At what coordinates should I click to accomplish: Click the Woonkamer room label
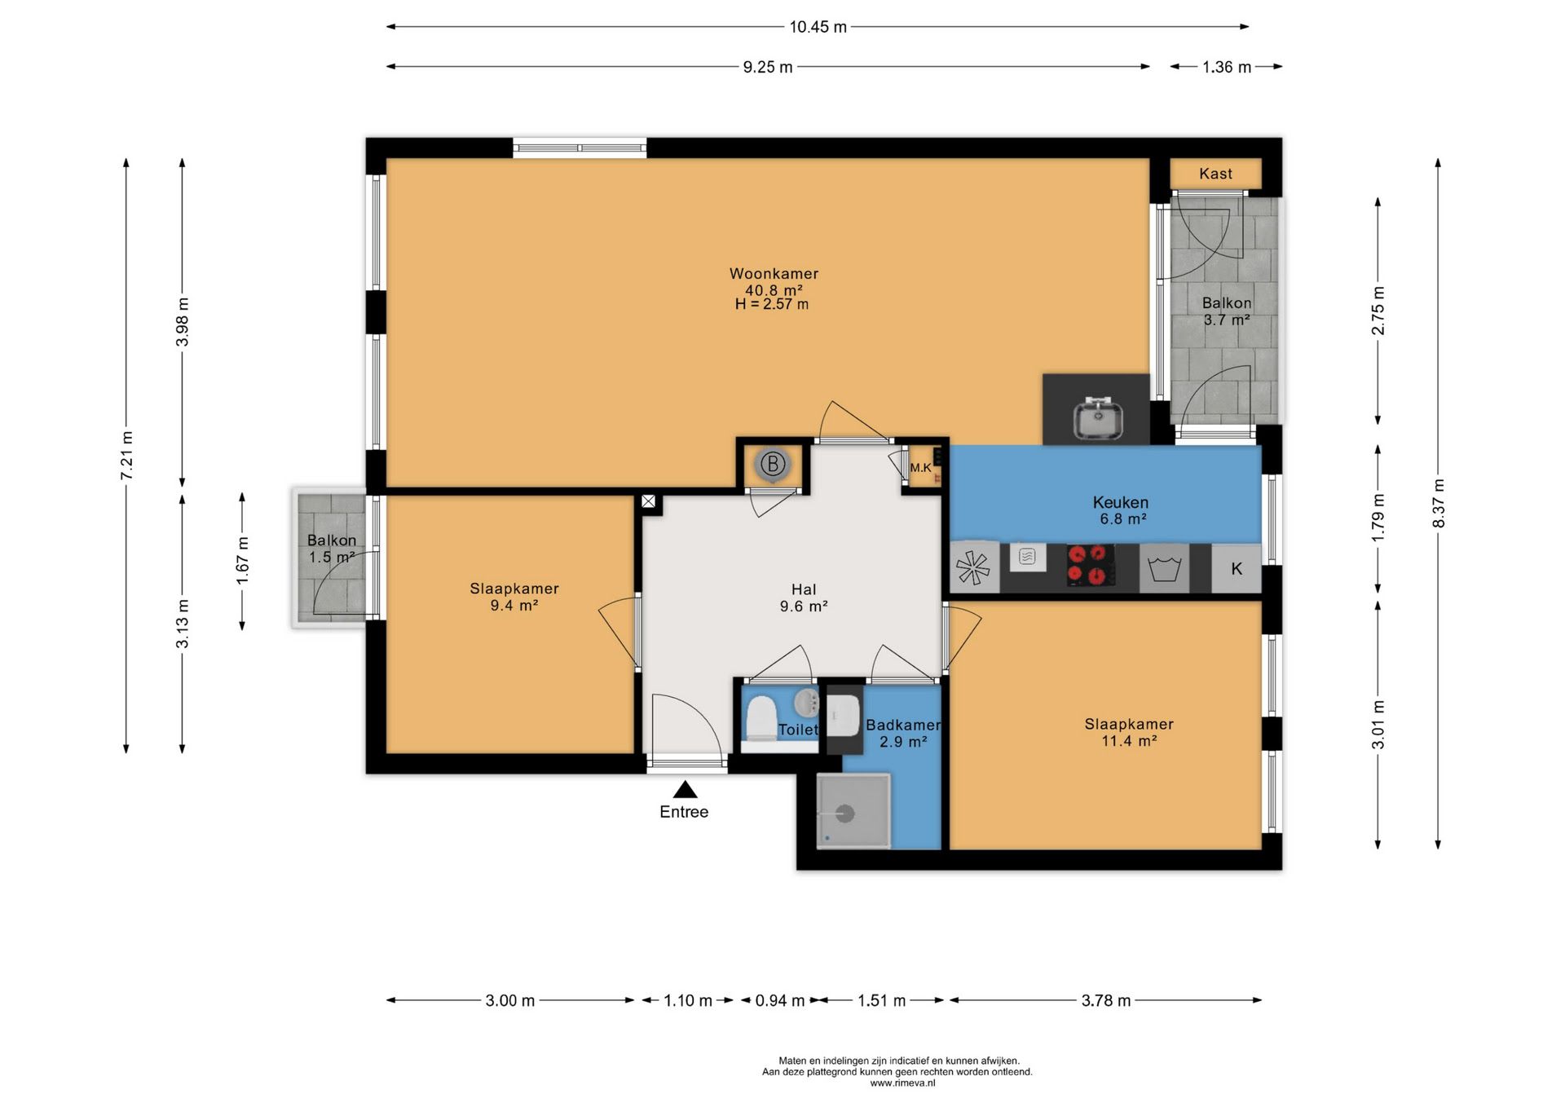pyautogui.click(x=774, y=274)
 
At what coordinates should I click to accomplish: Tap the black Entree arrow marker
pyautogui.click(x=685, y=790)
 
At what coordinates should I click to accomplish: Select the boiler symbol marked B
pyautogui.click(x=772, y=465)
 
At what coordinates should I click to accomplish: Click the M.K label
pyautogui.click(x=920, y=468)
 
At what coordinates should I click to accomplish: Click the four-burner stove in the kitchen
pyautogui.click(x=1091, y=565)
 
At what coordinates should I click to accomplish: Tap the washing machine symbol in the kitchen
pyautogui.click(x=1164, y=567)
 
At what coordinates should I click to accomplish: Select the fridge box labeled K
pyautogui.click(x=1237, y=568)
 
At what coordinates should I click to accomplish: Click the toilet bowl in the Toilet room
pyautogui.click(x=761, y=717)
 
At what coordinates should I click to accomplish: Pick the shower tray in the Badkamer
pyautogui.click(x=853, y=811)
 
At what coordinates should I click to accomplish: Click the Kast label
pyautogui.click(x=1215, y=174)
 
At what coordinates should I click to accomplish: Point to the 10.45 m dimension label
pyautogui.click(x=818, y=27)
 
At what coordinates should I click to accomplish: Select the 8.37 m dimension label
pyautogui.click(x=1439, y=503)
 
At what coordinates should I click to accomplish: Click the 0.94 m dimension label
pyautogui.click(x=780, y=1000)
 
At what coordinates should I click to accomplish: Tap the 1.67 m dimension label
pyautogui.click(x=242, y=560)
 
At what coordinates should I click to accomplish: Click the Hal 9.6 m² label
pyautogui.click(x=804, y=598)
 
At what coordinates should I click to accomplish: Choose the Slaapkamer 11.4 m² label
pyautogui.click(x=1129, y=732)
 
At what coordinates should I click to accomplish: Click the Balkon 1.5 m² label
pyautogui.click(x=332, y=549)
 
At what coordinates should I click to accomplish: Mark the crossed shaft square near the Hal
pyautogui.click(x=648, y=501)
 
